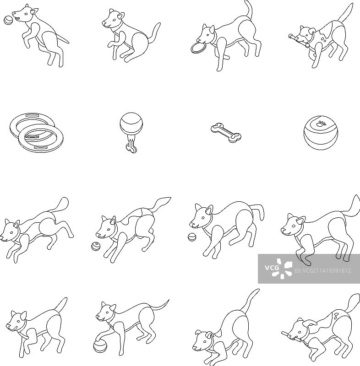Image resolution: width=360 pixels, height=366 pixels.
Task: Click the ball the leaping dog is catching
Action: pos(8,20)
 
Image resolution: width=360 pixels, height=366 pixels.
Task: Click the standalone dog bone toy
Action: pos(226,133)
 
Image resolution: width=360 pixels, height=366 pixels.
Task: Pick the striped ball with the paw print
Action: pos(321,133)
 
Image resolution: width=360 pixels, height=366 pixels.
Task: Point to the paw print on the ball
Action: pos(322,123)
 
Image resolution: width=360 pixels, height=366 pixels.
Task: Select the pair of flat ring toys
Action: pos(37,132)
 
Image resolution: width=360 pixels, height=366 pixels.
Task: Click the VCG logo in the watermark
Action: pos(278,269)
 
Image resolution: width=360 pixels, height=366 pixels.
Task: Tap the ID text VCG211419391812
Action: pos(323,271)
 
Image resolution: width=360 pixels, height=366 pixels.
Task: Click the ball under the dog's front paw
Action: pos(100,346)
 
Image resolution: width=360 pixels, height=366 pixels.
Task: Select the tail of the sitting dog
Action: pos(154,32)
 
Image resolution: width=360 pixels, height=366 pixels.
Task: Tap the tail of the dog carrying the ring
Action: pos(249,9)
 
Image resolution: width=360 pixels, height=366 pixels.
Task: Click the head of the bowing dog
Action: pos(203,340)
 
